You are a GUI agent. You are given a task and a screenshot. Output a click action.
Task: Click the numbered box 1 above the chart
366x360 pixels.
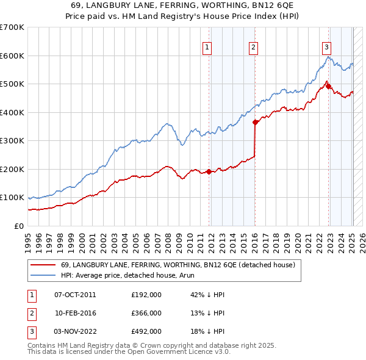[x=207, y=48]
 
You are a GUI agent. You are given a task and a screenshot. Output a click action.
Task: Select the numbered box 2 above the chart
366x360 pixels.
[x=253, y=48]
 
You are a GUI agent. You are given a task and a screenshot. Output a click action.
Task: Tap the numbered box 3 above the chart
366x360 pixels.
[x=327, y=48]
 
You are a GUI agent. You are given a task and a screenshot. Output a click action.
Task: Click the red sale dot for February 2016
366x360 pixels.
[x=254, y=122]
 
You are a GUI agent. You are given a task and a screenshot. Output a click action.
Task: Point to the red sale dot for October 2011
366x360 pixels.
[x=209, y=171]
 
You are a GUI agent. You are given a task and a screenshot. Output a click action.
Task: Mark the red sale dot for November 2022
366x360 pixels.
[x=328, y=86]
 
